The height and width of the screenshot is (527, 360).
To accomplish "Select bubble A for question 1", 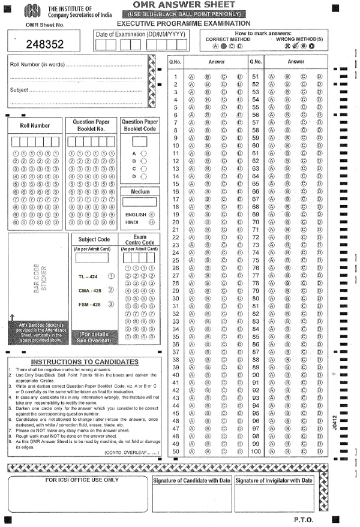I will pos(191,77).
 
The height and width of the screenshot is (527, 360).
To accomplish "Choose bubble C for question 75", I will pos(304,260).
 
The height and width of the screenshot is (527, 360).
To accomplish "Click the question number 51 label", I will pos(255,77).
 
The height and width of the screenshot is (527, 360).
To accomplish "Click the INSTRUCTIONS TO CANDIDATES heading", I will pos(84,362).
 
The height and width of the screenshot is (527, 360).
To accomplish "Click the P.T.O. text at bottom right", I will pos(304,519).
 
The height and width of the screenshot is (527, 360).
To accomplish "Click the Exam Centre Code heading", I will pos(140,239).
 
